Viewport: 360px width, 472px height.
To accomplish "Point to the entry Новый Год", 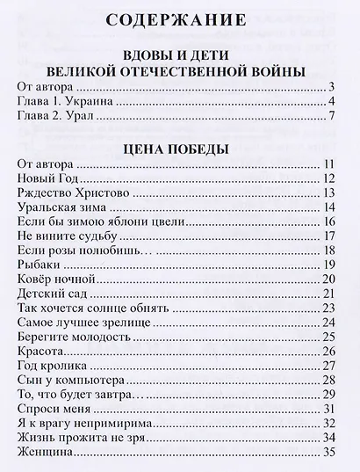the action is [43, 179].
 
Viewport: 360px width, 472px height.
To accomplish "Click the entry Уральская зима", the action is [58, 207].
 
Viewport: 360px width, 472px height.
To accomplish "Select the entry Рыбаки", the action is [36, 265].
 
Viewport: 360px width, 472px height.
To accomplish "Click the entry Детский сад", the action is [51, 293].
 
